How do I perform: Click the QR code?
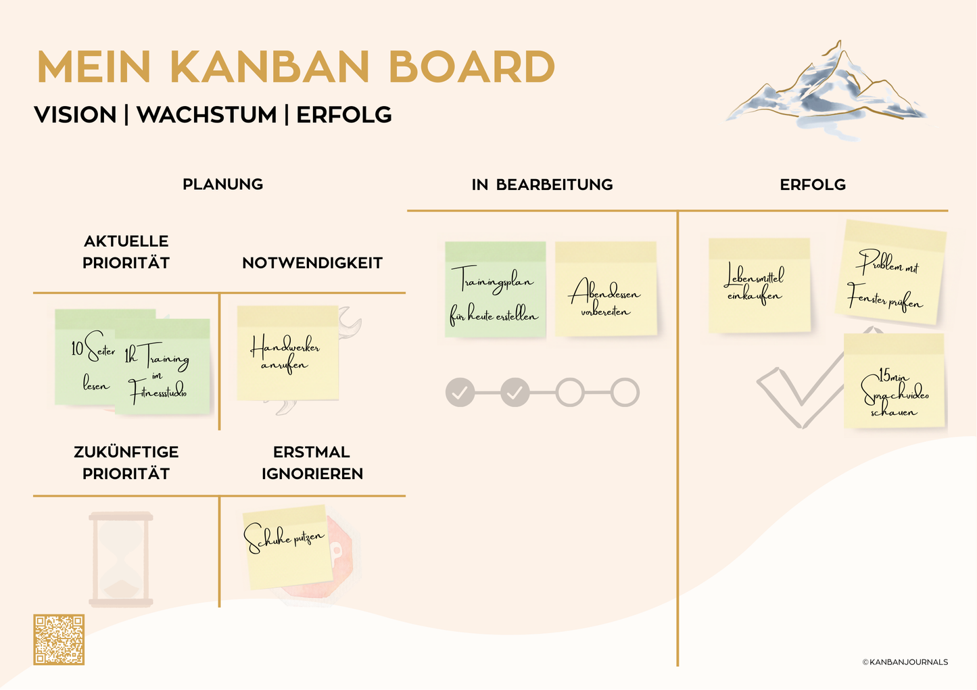59,639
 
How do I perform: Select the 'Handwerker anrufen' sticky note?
288,353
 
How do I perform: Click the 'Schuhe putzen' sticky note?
288,547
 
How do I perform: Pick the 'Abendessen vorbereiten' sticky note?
606,289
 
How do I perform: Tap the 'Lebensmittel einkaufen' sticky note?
759,285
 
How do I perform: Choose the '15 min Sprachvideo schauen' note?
894,380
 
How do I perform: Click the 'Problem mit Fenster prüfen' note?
890,272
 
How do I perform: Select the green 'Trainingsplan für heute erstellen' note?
496,289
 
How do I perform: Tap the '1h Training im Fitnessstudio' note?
162,366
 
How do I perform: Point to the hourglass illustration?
121,560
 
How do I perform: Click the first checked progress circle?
460,392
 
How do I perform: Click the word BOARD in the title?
471,67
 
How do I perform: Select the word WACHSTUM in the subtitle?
207,115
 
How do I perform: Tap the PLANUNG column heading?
222,184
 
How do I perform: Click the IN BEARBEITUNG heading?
542,184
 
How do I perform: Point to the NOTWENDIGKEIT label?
312,263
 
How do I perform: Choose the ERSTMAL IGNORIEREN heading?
312,462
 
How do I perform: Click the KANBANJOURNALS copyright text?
905,662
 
